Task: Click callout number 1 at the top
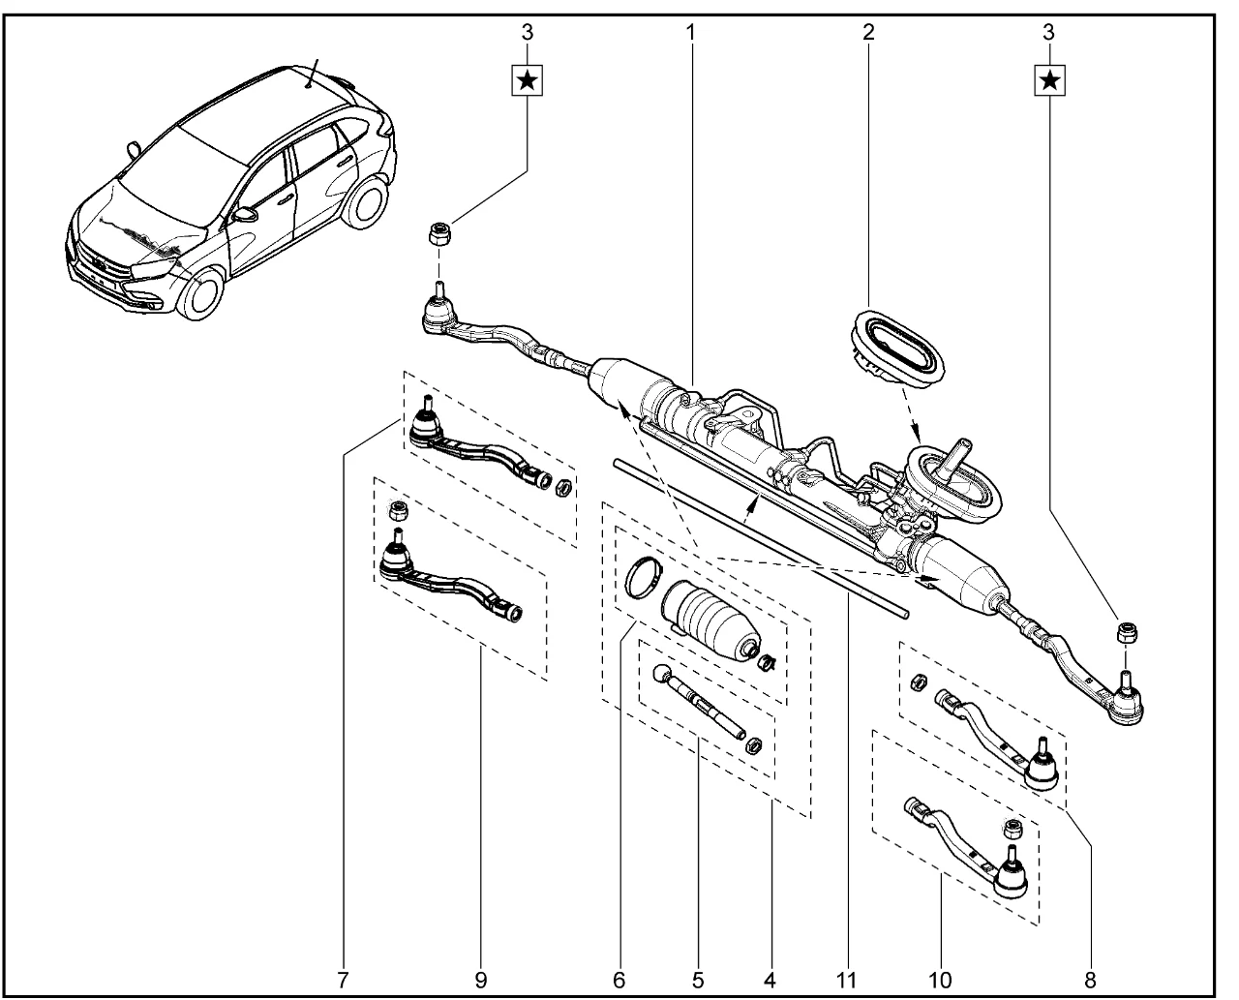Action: coord(690,33)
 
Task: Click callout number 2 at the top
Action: coord(868,33)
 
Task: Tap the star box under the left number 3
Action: coord(527,80)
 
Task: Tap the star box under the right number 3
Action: coord(1049,80)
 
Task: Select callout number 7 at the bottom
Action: coord(343,980)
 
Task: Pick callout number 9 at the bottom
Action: coord(480,980)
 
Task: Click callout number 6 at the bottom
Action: coord(619,980)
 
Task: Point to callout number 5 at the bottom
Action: coord(698,980)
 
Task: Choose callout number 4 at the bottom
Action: coord(770,980)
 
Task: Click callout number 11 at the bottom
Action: coord(846,980)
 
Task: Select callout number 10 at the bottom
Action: coord(940,980)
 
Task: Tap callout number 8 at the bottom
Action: coord(1090,980)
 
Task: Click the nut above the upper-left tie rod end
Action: coord(438,233)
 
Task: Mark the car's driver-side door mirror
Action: coord(244,215)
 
